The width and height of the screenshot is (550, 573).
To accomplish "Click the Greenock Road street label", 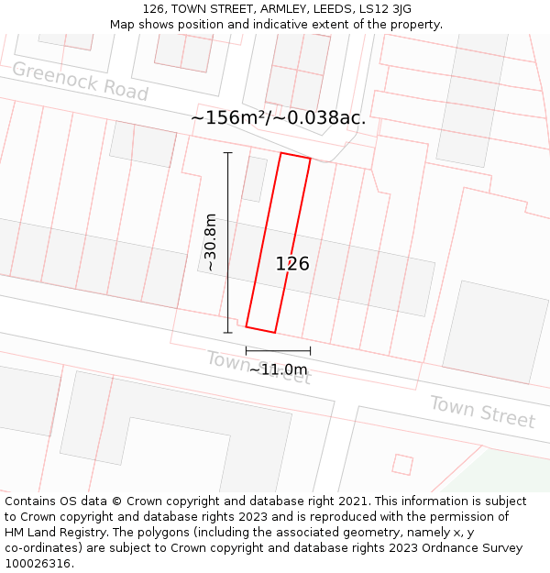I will tap(80, 82).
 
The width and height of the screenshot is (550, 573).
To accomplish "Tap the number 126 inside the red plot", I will tap(292, 264).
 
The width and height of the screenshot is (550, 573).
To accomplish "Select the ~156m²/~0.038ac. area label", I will tap(278, 117).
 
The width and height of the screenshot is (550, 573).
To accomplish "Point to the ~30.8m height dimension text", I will tap(210, 243).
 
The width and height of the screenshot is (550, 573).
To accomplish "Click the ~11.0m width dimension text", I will tap(278, 369).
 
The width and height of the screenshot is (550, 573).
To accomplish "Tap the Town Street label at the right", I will tap(482, 412).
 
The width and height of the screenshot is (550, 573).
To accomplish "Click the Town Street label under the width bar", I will tap(258, 368).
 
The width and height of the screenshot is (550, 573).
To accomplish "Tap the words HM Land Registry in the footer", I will tap(48, 533).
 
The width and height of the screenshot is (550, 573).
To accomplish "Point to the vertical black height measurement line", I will tap(227, 243).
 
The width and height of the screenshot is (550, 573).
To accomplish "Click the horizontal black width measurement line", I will tap(278, 350).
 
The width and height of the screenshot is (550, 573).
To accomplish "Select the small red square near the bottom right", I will tap(401, 465).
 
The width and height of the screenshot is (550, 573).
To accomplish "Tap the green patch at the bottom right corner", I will tap(513, 472).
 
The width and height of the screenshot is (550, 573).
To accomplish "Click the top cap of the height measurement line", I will tap(227, 153).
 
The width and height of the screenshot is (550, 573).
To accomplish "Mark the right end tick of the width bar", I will tap(310, 350).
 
